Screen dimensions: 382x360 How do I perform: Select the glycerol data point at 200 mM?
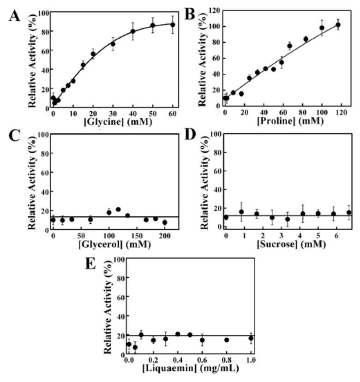[x=165, y=222]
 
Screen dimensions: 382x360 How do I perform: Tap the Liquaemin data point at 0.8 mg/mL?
[x=227, y=340]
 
